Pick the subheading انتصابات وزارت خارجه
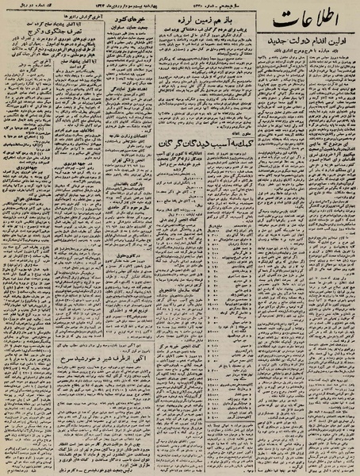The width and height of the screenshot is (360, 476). [132, 159]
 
